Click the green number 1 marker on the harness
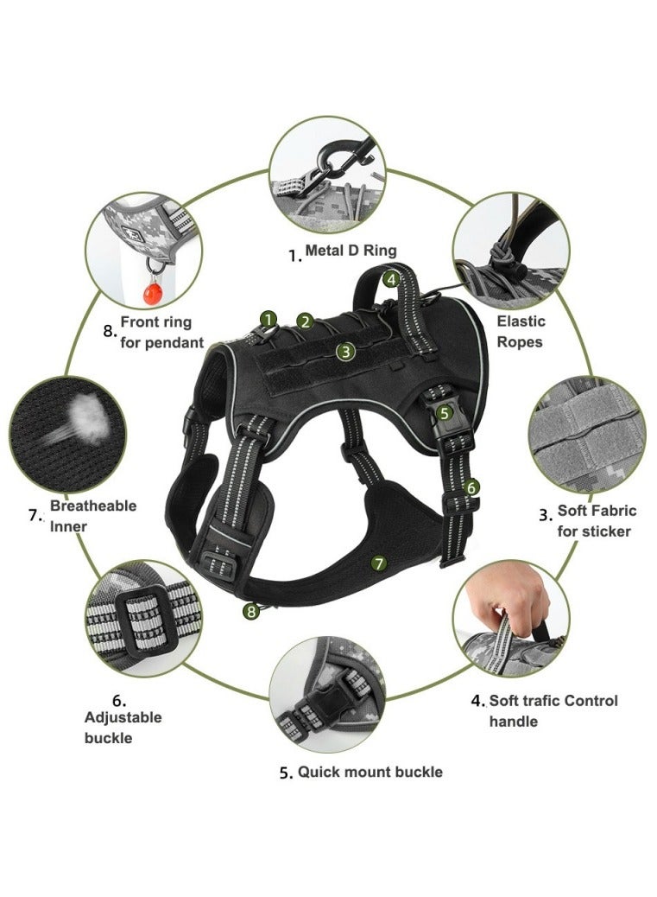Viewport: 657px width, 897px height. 268,319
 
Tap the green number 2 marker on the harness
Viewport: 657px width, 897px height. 304,321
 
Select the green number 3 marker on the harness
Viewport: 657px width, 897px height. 345,352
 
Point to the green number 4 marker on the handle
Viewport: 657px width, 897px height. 391,279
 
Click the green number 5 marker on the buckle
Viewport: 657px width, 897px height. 445,413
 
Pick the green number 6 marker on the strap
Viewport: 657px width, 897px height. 471,487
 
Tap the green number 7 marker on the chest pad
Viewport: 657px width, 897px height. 377,563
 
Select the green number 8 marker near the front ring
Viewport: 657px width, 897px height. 251,611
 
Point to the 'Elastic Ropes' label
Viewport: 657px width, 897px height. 521,332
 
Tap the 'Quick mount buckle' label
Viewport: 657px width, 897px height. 370,772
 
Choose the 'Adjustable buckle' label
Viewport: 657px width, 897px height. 122,727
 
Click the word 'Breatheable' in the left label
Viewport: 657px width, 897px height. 92,506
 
